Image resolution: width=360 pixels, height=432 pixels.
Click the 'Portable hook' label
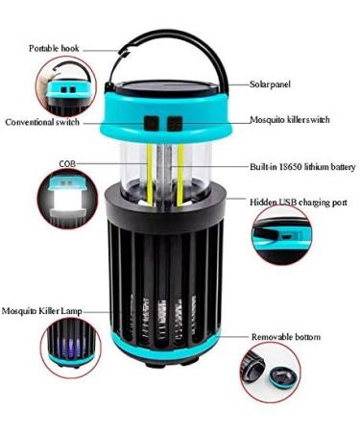[x=55, y=48]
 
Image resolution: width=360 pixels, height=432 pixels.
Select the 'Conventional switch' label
[x=44, y=122]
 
